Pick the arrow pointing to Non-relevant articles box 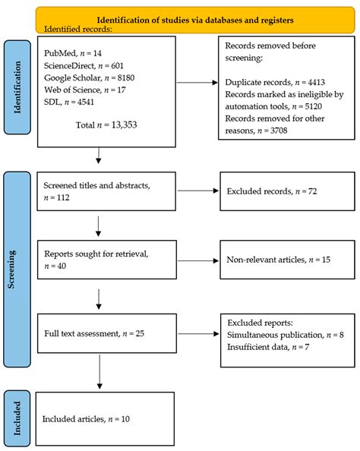(x=195, y=260)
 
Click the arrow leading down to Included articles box (x=98, y=374)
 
